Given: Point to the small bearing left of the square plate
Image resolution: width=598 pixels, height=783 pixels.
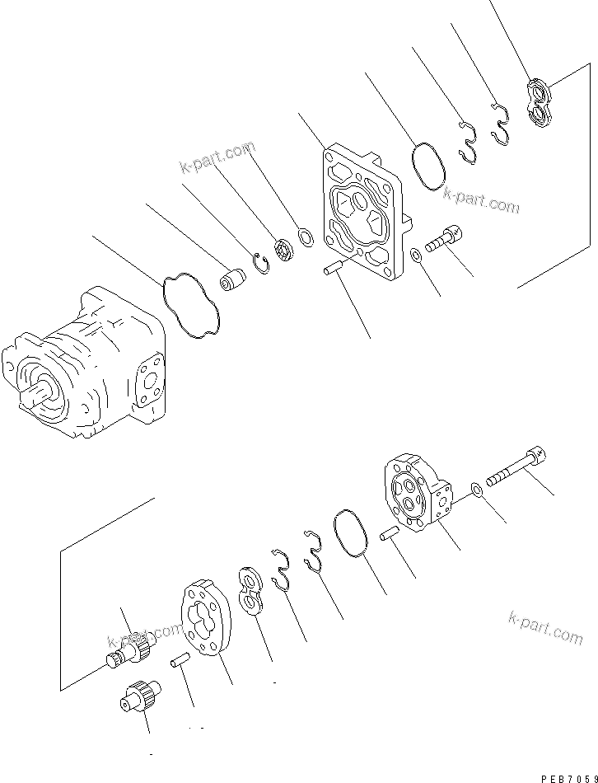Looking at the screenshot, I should [x=285, y=250].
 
